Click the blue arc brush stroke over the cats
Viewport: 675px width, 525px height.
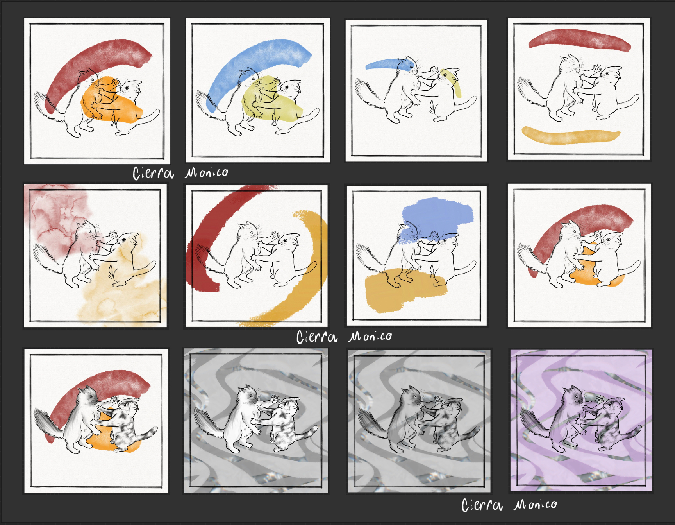point(250,63)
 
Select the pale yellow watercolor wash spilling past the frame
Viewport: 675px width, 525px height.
point(125,285)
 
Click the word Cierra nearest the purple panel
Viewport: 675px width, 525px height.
point(482,505)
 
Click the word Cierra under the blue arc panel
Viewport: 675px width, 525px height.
point(153,173)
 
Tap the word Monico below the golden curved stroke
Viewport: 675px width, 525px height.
point(370,336)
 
